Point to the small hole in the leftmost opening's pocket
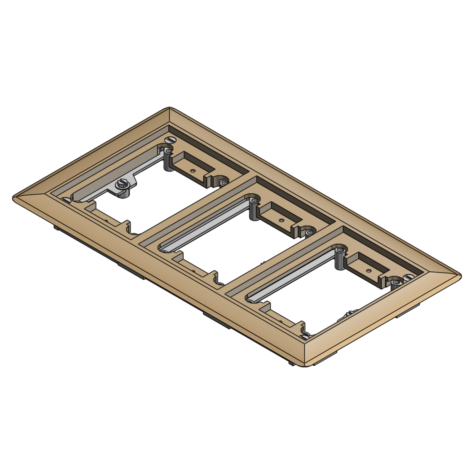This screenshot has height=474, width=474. pos(192,170)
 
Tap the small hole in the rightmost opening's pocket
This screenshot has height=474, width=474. pos(368,271)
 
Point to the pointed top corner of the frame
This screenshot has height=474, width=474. pos(170,108)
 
